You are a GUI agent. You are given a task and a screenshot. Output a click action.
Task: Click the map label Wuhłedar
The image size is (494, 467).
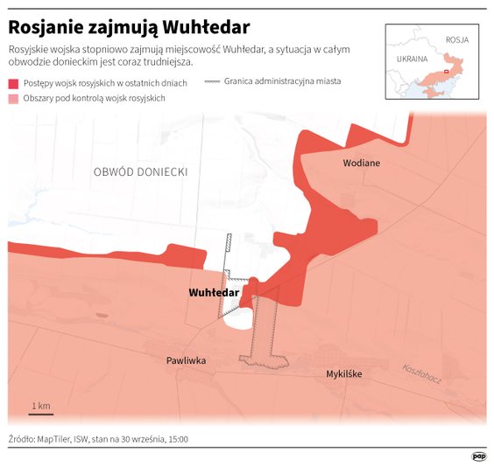(x=214, y=293)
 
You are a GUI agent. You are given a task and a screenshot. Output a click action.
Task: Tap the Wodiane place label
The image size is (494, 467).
(x=361, y=164)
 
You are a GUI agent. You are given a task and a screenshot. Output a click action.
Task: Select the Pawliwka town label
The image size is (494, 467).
(x=187, y=360)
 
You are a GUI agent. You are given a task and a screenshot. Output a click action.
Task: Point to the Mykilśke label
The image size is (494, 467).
(x=343, y=373)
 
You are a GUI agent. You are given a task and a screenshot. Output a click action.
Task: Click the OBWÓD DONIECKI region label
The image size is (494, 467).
(x=140, y=172)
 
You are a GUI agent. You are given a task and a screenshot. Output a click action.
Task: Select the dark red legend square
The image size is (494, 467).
(x=13, y=83)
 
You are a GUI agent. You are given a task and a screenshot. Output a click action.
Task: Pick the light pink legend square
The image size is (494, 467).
(x=13, y=99)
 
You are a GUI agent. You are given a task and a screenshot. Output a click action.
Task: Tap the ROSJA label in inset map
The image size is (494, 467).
(x=457, y=40)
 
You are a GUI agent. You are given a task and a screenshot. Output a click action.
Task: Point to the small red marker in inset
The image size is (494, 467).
(x=447, y=71)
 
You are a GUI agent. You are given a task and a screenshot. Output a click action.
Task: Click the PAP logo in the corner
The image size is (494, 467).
(x=479, y=455)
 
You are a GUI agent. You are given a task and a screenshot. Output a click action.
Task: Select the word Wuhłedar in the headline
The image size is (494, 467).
(x=207, y=26)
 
